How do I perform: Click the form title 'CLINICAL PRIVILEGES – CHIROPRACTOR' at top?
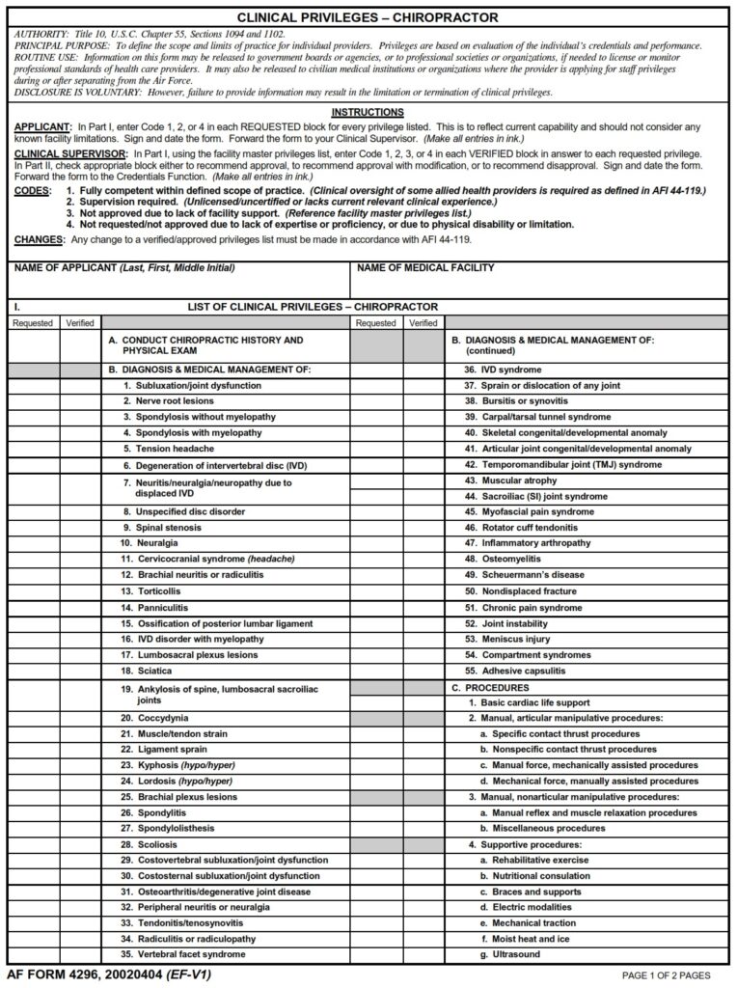pyautogui.click(x=368, y=17)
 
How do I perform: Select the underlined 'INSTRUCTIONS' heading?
pyautogui.click(x=368, y=113)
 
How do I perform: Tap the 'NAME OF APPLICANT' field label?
pyautogui.click(x=123, y=267)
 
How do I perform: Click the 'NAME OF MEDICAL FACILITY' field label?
pyautogui.click(x=425, y=267)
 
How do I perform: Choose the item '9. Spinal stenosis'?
pyautogui.click(x=161, y=528)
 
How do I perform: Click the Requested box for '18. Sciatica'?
pyautogui.click(x=34, y=671)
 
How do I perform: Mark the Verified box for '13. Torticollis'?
pyautogui.click(x=80, y=591)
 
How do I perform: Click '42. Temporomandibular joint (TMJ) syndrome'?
pyautogui.click(x=562, y=464)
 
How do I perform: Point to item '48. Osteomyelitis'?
pyautogui.click(x=501, y=559)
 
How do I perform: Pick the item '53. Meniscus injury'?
pyautogui.click(x=506, y=639)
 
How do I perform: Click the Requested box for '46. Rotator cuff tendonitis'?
pyautogui.click(x=376, y=528)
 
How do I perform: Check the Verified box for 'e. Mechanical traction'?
pyautogui.click(x=423, y=923)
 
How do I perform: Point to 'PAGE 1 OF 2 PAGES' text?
pyautogui.click(x=667, y=975)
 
